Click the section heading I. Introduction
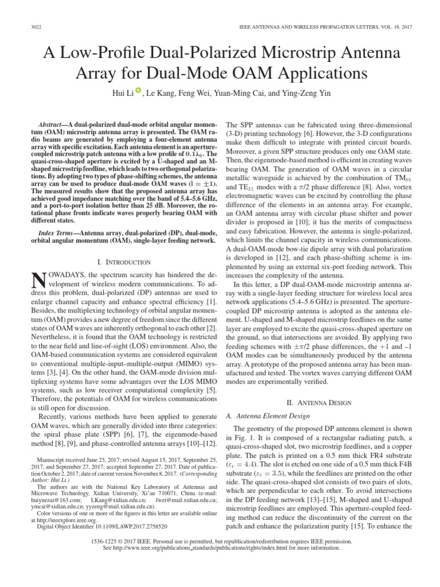124,261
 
